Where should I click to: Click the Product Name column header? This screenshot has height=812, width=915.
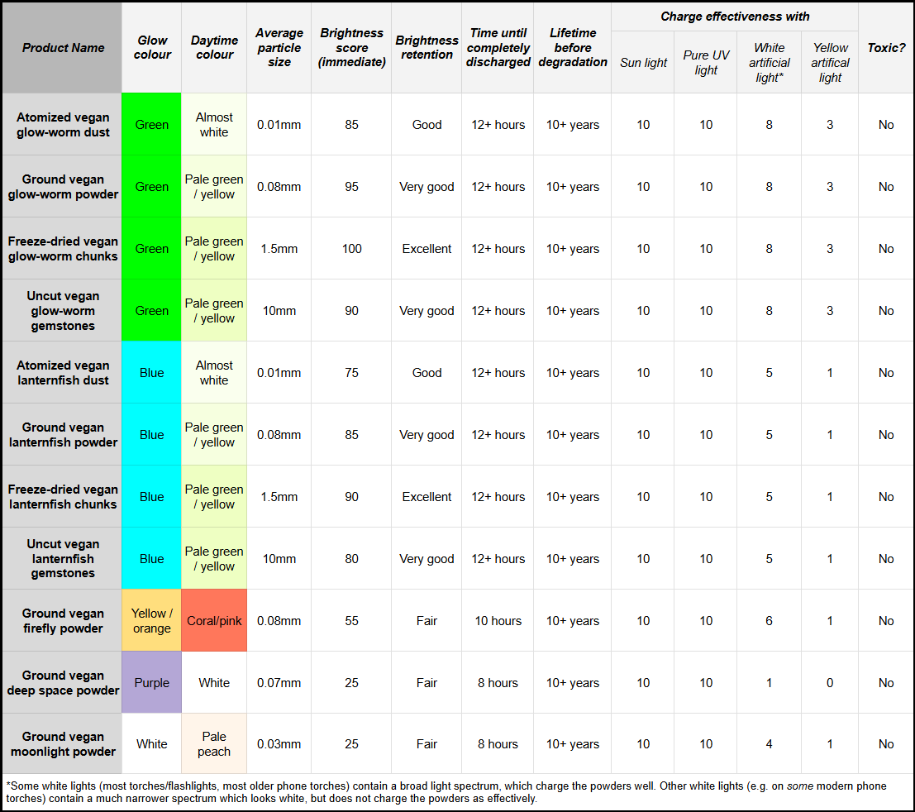pyautogui.click(x=63, y=48)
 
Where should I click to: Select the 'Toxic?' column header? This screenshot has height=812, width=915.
pyautogui.click(x=886, y=48)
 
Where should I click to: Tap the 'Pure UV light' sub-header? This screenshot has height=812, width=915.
pyautogui.click(x=706, y=63)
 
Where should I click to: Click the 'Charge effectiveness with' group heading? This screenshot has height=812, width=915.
pyautogui.click(x=735, y=17)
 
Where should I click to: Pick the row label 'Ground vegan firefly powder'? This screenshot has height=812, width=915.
pyautogui.click(x=63, y=621)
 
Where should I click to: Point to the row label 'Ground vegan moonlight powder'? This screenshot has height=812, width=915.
pyautogui.click(x=63, y=744)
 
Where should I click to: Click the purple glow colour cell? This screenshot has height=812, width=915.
pyautogui.click(x=152, y=683)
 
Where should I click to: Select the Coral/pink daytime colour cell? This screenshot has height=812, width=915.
pyautogui.click(x=214, y=621)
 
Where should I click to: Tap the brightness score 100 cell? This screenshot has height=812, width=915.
pyautogui.click(x=352, y=249)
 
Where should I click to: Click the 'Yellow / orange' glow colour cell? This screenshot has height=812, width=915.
pyautogui.click(x=152, y=621)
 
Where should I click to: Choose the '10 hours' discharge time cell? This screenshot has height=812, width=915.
pyautogui.click(x=498, y=621)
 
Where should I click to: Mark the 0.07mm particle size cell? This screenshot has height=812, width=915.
pyautogui.click(x=279, y=683)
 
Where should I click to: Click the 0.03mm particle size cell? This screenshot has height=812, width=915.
pyautogui.click(x=279, y=744)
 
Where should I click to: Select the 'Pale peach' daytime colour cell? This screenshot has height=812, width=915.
pyautogui.click(x=214, y=744)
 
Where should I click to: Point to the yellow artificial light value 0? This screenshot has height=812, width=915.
pyautogui.click(x=830, y=683)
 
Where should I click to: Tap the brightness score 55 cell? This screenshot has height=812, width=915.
pyautogui.click(x=352, y=621)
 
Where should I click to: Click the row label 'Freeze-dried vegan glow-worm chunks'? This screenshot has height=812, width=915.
pyautogui.click(x=63, y=249)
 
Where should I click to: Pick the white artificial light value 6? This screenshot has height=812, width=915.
pyautogui.click(x=769, y=621)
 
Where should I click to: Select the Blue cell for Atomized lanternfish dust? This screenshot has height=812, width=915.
pyautogui.click(x=152, y=373)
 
